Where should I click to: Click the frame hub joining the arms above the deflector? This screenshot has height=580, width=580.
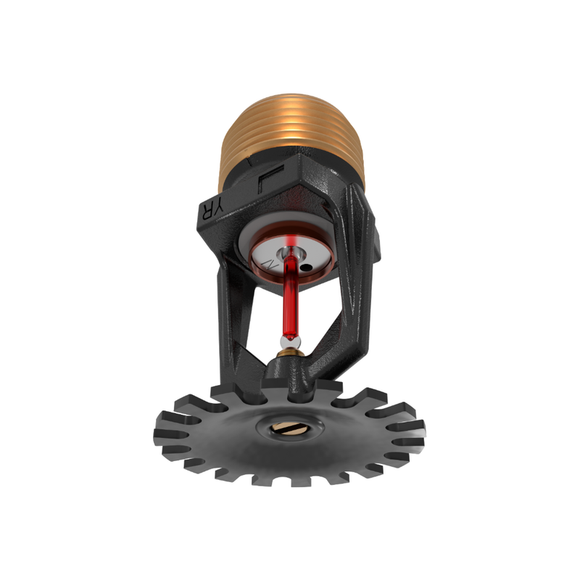coord(290,373)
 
